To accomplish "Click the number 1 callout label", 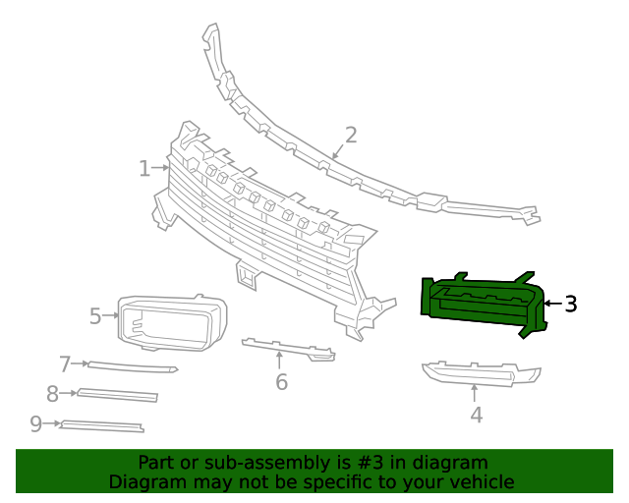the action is (x=144, y=169).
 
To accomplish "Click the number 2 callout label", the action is (x=350, y=136).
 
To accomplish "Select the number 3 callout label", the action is (x=570, y=305).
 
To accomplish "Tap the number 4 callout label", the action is (x=476, y=415).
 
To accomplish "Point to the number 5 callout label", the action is (x=95, y=316).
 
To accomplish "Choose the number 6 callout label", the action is (x=281, y=381).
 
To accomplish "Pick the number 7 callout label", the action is (x=66, y=364).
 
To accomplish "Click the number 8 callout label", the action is (x=53, y=394).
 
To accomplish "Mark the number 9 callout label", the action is (x=36, y=423).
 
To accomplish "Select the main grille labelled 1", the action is (x=265, y=236).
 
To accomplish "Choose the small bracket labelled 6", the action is (x=288, y=348).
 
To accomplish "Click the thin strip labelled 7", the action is (x=133, y=367).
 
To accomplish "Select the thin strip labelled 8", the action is (x=118, y=395).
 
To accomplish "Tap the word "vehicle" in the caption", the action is (x=480, y=482).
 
